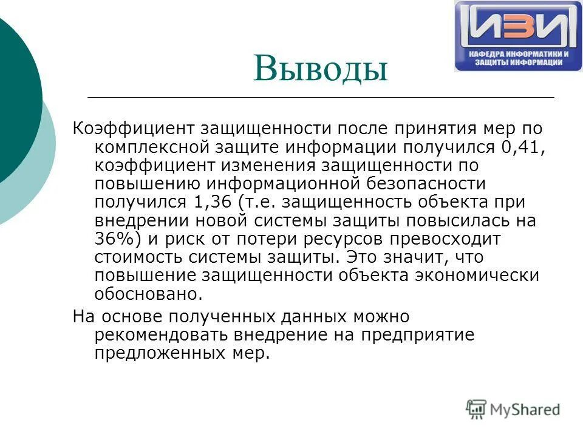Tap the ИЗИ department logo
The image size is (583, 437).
517,36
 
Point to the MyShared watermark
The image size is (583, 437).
513,409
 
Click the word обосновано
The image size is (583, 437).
147,294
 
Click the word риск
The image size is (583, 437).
179,239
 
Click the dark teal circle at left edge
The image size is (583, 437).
15,97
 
